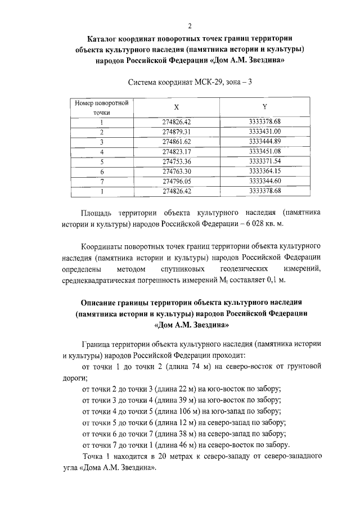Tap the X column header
coord(177,107)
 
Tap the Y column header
coord(264,107)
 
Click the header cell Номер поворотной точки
coord(102,107)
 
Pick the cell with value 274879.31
coord(177,132)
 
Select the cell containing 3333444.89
coord(264,141)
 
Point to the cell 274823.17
coord(177,151)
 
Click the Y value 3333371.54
coord(264,161)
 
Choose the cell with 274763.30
coord(177,171)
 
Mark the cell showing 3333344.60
coord(264,181)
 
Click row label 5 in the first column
coord(102,161)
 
